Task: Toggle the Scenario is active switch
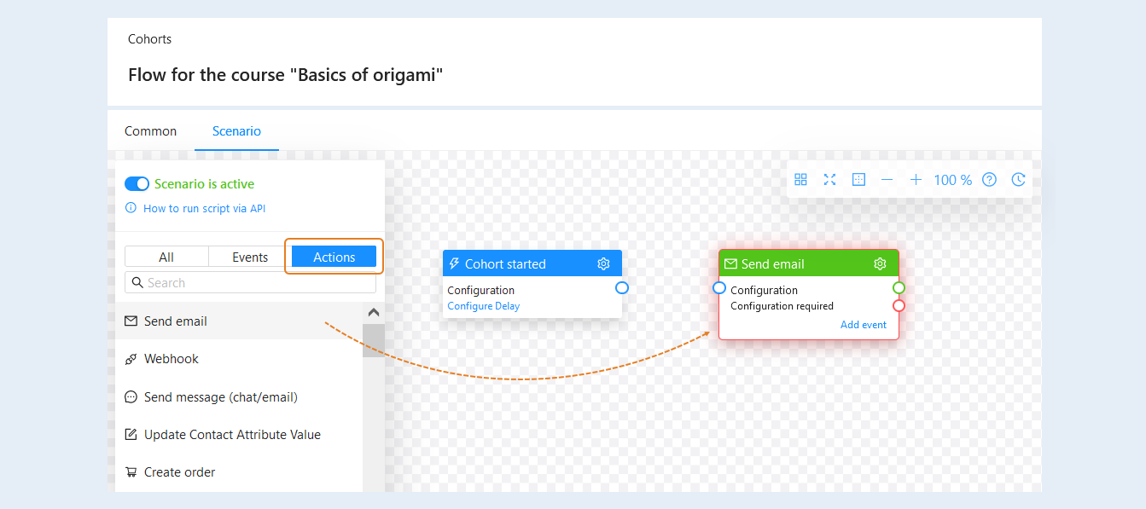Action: point(137,184)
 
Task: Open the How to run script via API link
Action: point(204,209)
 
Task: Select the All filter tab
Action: point(166,257)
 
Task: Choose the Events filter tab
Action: point(250,257)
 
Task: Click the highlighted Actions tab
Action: point(334,257)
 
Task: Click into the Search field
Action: point(251,282)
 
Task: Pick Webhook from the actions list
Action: point(171,359)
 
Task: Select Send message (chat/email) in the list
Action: point(220,397)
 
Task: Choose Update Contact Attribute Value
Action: point(232,434)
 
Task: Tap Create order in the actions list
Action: point(179,472)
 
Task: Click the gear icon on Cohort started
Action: point(603,263)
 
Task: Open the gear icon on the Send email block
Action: point(880,263)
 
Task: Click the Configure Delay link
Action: point(484,306)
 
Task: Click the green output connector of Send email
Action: point(899,287)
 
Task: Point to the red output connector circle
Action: point(899,305)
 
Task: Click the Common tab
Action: point(150,131)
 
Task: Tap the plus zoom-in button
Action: point(916,180)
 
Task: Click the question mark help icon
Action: point(990,180)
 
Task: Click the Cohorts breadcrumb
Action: point(149,39)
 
